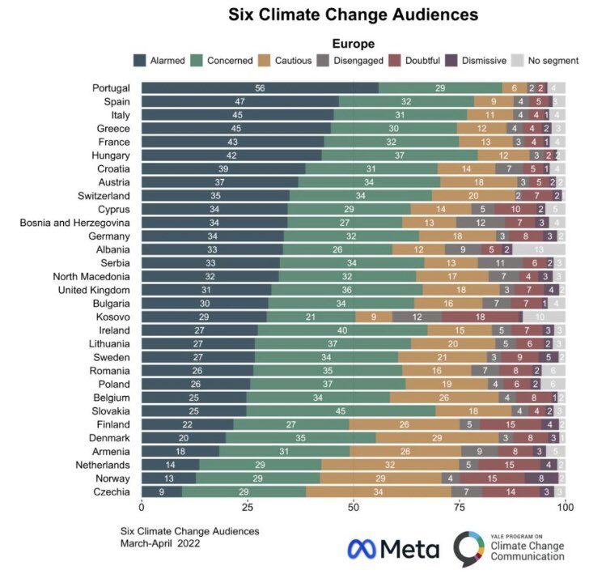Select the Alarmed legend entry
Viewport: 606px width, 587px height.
click(161, 60)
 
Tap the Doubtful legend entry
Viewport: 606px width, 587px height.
click(421, 60)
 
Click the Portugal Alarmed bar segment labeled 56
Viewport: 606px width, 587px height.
click(260, 87)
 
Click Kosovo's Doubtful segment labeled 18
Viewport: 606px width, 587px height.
click(480, 316)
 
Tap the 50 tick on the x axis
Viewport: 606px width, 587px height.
click(354, 507)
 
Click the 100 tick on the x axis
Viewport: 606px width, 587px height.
click(565, 507)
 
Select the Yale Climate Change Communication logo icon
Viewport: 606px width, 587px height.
click(472, 549)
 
